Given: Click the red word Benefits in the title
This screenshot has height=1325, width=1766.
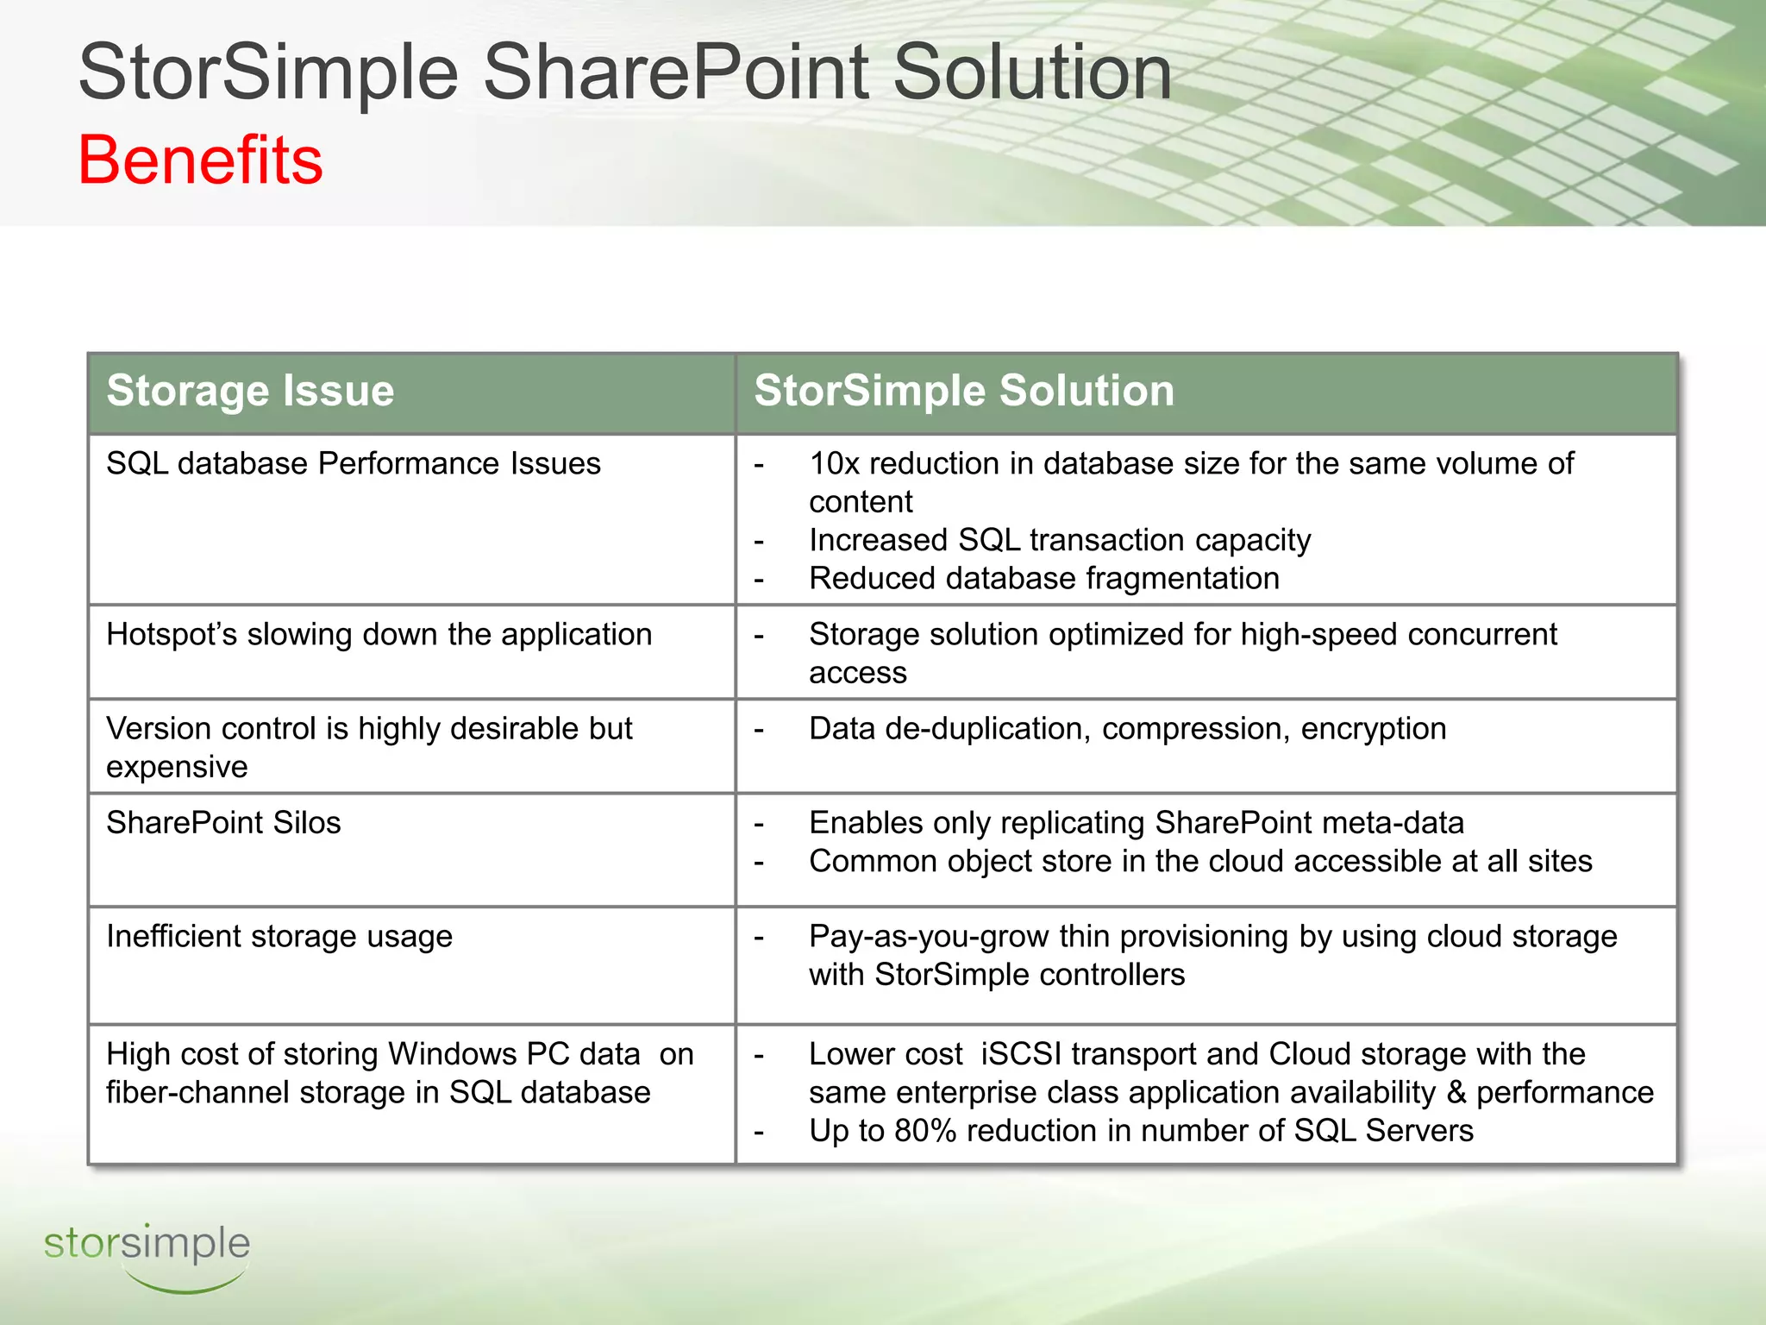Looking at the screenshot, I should [200, 160].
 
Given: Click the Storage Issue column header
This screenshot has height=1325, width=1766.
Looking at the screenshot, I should [250, 391].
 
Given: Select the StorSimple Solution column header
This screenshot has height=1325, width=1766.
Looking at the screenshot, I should [963, 391].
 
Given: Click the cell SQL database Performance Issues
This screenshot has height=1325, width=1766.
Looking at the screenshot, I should [353, 464].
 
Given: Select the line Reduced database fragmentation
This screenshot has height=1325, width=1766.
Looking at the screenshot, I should [1043, 579].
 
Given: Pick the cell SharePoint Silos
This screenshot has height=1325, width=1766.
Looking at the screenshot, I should [223, 823].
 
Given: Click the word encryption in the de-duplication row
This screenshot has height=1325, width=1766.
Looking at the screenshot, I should [1373, 729].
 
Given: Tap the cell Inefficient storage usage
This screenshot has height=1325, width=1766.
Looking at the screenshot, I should [279, 937].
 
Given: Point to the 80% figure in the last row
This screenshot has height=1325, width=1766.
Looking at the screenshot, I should [924, 1131].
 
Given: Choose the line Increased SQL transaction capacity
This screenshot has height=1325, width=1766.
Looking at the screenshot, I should [1059, 541].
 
